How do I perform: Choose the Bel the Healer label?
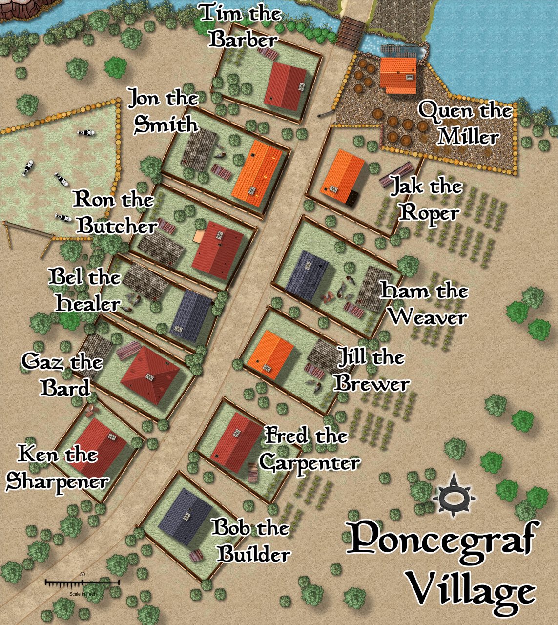(x=86, y=291)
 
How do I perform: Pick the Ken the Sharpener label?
(x=58, y=468)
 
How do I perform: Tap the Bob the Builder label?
(x=252, y=541)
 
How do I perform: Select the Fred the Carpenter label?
(x=309, y=449)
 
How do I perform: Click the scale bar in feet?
(x=82, y=583)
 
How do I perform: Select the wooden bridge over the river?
(x=350, y=32)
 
